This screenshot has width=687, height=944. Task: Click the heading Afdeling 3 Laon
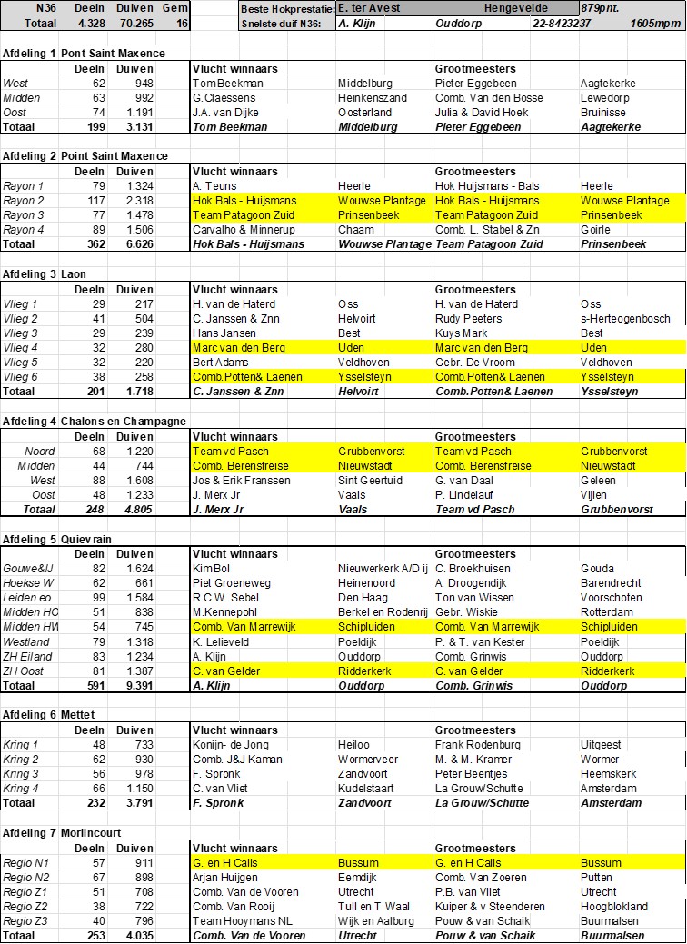pyautogui.click(x=48, y=273)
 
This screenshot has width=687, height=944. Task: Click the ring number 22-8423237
pyautogui.click(x=563, y=24)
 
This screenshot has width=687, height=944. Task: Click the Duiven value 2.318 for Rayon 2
pyautogui.click(x=134, y=201)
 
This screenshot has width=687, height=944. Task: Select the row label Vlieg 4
pyautogui.click(x=21, y=348)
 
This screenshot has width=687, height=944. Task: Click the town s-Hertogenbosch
pyautogui.click(x=625, y=319)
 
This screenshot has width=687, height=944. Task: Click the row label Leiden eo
pyautogui.click(x=27, y=598)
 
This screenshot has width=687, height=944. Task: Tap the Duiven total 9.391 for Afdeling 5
pyautogui.click(x=134, y=686)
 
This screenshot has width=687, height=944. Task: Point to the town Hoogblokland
pyautogui.click(x=614, y=906)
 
